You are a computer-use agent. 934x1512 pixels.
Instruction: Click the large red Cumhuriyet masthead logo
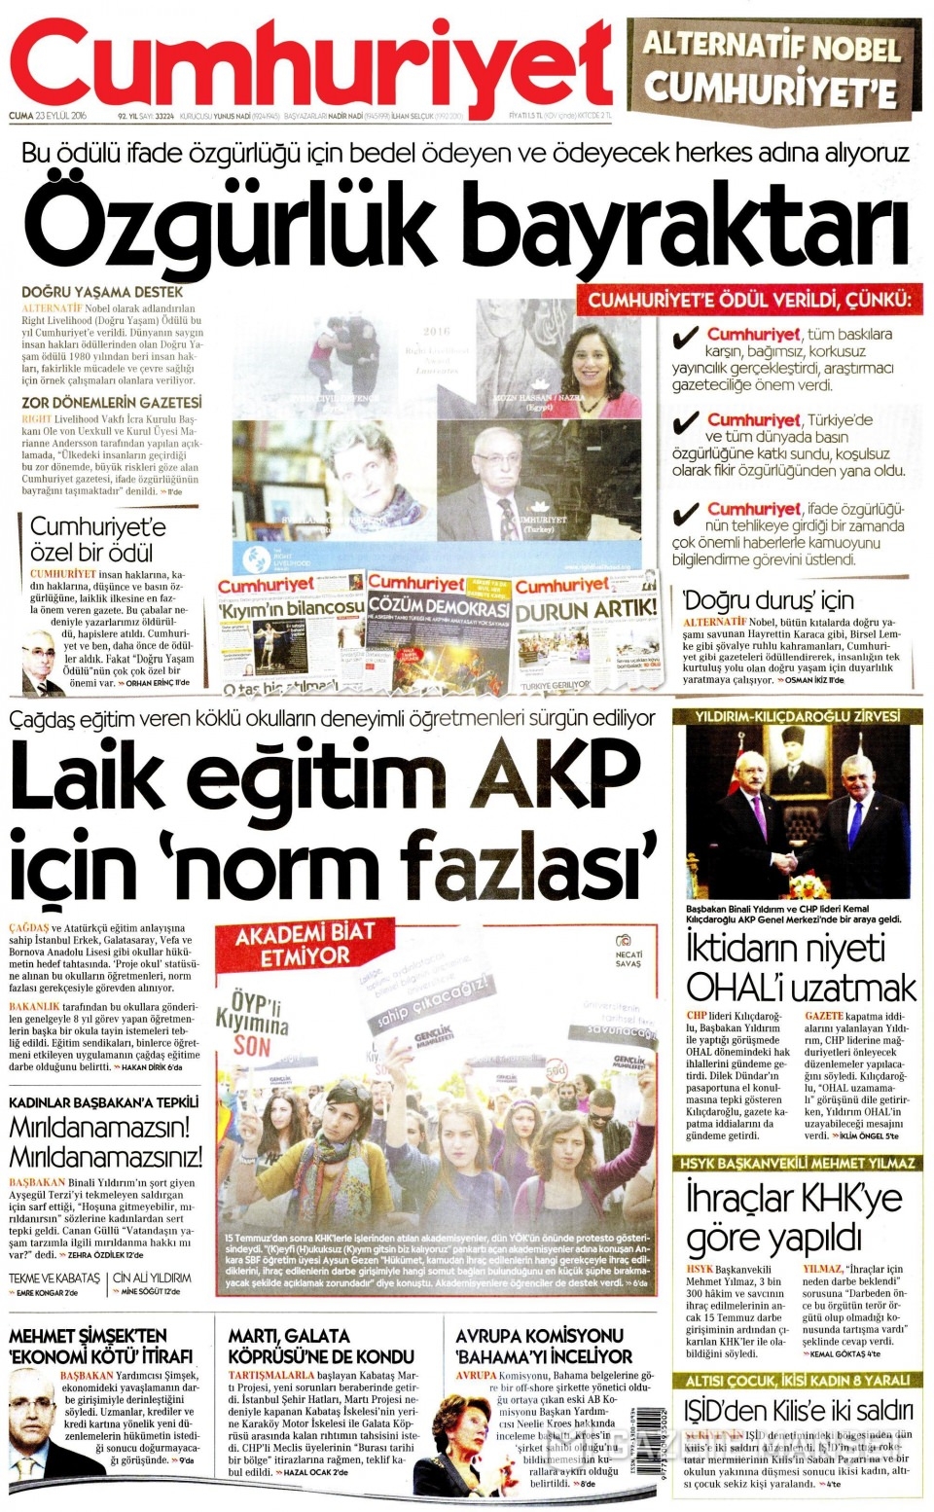coord(311,60)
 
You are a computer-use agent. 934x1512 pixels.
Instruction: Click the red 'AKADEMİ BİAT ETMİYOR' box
coord(292,944)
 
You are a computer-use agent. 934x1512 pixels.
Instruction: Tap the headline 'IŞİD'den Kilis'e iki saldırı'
coord(798,1410)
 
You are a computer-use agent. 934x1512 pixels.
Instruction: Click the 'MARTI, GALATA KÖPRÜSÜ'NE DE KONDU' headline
coord(321,1346)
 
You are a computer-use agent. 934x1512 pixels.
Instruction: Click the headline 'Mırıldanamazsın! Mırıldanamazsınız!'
coord(105,1142)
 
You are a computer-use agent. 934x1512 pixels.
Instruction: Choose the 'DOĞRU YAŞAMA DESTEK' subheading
coord(101,292)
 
